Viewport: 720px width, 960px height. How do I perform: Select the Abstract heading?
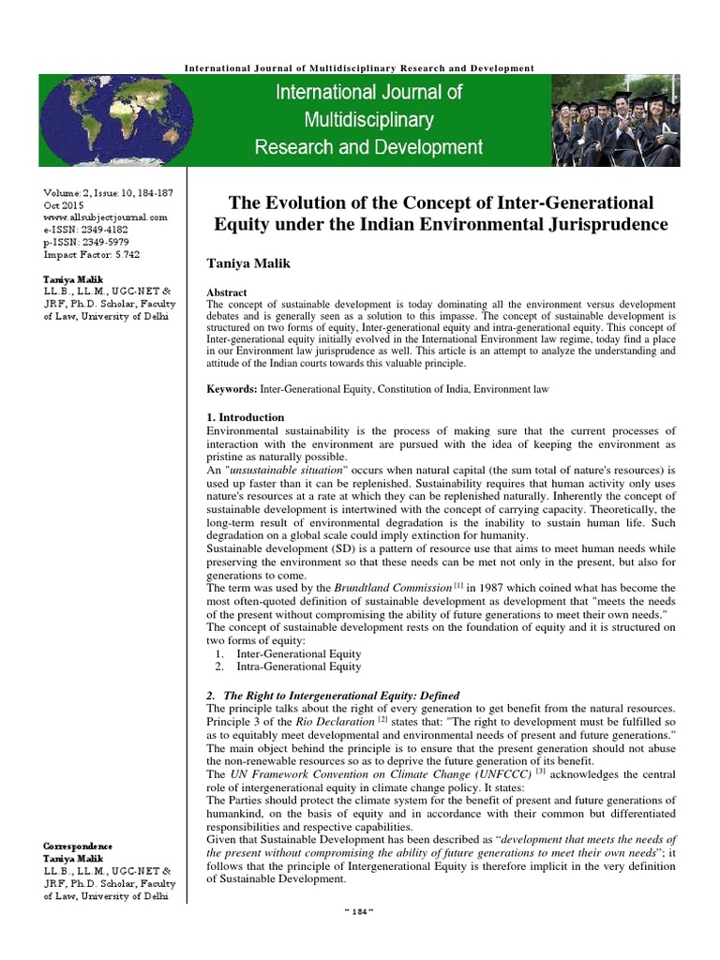[228, 292]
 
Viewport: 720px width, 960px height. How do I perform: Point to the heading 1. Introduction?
[245, 416]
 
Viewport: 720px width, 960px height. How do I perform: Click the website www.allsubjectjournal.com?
[105, 217]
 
